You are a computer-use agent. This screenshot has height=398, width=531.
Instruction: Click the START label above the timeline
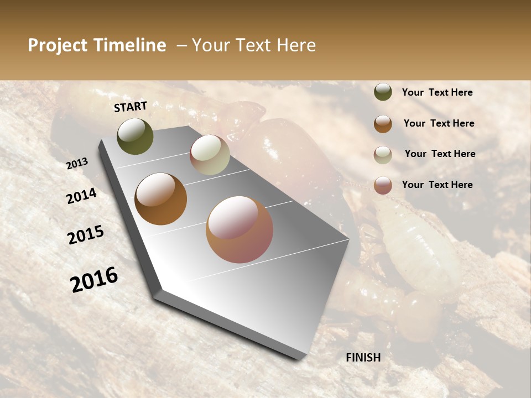pos(131,107)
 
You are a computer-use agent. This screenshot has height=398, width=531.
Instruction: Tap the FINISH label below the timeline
pos(363,358)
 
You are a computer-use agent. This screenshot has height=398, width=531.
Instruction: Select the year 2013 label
pos(77,163)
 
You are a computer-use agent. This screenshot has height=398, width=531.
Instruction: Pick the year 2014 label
pos(81,196)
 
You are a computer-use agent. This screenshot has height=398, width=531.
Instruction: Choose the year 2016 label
pos(94,280)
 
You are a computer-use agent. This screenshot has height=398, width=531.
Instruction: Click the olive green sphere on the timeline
pos(135,137)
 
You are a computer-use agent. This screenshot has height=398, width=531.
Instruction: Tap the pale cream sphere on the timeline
pos(210,155)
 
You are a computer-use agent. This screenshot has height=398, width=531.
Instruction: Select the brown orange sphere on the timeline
pos(160,199)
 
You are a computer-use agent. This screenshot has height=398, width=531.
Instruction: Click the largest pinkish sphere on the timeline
pos(240,229)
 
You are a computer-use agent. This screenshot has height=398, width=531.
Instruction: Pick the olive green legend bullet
pos(383,92)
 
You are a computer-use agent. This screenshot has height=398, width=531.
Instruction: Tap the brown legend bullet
pos(383,124)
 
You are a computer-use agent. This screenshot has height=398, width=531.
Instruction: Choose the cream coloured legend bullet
pos(383,155)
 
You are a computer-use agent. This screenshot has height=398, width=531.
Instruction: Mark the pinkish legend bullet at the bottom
pos(383,185)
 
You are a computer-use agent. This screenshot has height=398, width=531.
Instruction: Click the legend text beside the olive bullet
pos(437,92)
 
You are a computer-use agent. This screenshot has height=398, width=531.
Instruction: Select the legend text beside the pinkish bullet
pos(437,185)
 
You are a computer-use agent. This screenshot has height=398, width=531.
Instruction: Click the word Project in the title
pos(57,45)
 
